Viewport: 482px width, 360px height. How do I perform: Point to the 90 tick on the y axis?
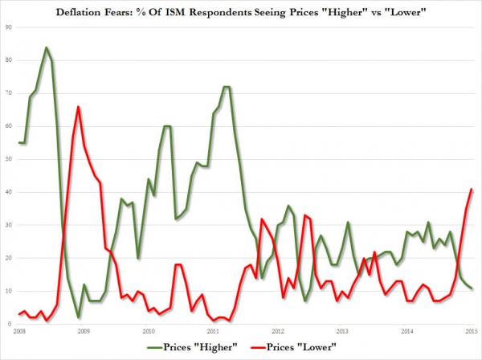[9, 27]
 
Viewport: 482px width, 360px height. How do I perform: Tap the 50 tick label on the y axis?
[9, 159]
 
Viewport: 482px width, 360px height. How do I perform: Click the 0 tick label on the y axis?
[10, 324]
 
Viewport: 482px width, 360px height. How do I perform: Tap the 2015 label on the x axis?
[473, 330]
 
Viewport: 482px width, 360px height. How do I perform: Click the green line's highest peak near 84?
[46, 47]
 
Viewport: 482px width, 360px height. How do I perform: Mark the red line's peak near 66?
[78, 107]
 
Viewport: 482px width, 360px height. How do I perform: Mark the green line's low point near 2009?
[79, 317]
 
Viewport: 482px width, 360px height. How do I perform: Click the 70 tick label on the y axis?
[9, 93]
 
